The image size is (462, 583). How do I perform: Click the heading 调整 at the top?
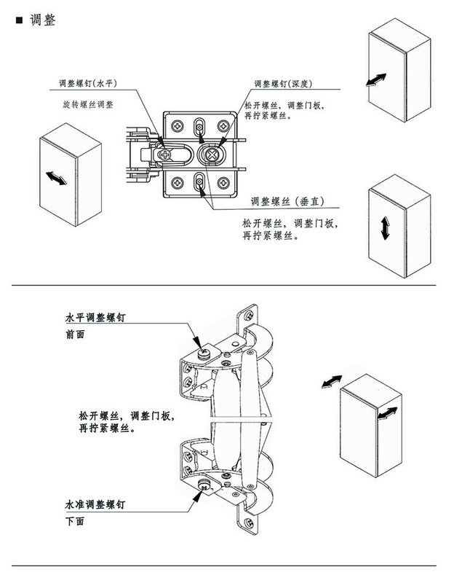coord(43,20)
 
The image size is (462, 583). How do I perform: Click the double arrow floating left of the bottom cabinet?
coord(332,382)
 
